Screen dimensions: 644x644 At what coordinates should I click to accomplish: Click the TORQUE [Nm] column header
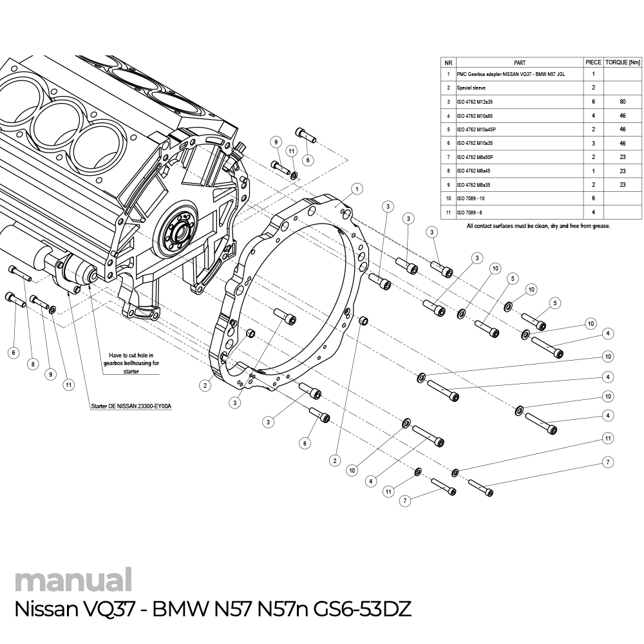click(622, 62)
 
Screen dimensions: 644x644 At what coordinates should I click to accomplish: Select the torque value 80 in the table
click(622, 102)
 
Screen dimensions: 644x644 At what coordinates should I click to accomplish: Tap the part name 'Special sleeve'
click(471, 88)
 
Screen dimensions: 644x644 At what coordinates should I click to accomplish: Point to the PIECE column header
click(593, 62)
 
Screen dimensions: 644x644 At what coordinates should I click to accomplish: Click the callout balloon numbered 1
click(357, 189)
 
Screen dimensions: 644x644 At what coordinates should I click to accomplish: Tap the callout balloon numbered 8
click(33, 364)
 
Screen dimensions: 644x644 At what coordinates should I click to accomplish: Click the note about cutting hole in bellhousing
click(131, 363)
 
